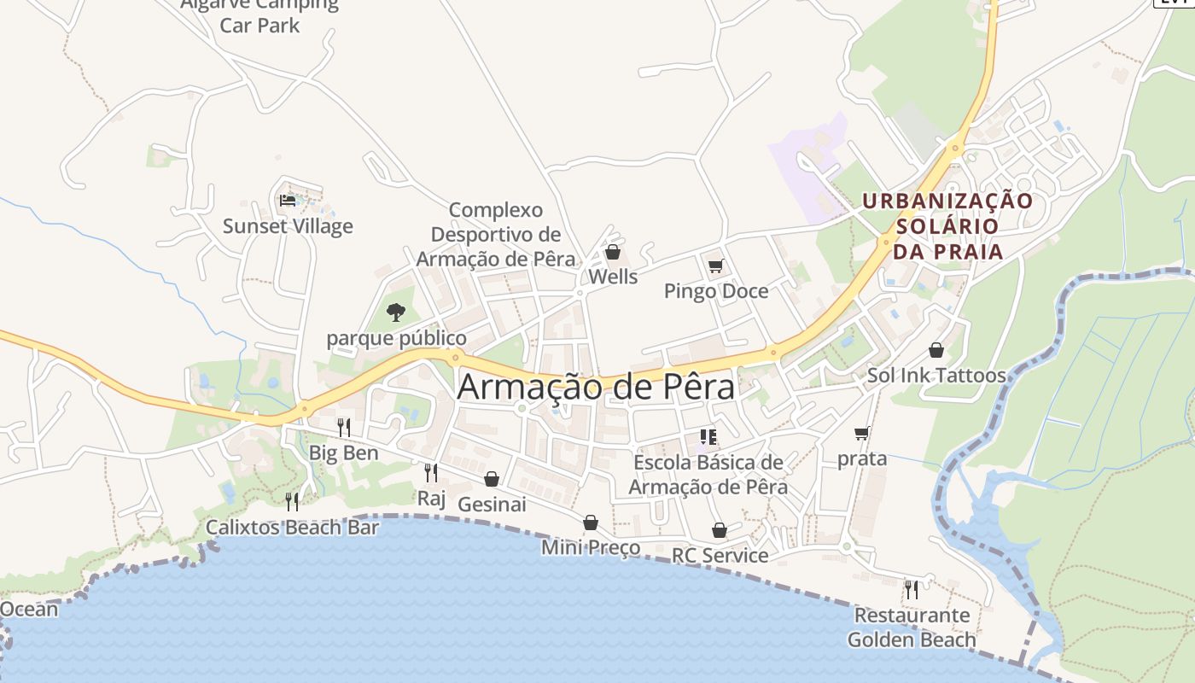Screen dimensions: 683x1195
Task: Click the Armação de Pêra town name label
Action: point(596,387)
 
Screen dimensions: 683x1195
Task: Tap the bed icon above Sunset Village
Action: point(288,201)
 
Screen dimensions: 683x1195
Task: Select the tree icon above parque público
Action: point(395,312)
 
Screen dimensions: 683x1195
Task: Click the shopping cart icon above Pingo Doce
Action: point(715,266)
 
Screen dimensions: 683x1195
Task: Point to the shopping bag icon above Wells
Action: point(612,252)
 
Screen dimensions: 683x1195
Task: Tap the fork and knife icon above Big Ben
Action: point(344,427)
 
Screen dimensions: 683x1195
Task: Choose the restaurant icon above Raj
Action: point(431,472)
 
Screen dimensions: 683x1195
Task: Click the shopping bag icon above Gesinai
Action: point(492,479)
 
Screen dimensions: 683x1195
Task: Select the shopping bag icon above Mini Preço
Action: point(590,522)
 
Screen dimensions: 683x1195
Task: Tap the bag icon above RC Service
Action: point(720,530)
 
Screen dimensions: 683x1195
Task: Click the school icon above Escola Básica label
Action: point(708,437)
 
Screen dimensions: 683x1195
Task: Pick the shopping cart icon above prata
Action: point(862,433)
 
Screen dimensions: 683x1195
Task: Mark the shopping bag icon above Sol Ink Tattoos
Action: point(936,350)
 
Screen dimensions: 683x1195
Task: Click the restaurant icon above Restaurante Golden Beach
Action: point(912,589)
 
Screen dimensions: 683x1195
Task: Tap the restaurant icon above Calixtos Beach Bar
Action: point(292,501)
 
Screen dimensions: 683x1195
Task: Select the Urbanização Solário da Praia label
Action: point(947,226)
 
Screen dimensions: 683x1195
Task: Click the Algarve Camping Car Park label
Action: point(260,15)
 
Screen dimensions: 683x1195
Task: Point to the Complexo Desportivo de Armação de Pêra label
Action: point(495,235)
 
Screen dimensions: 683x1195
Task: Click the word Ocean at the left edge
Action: point(29,609)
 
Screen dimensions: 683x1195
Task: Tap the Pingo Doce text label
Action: point(716,291)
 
